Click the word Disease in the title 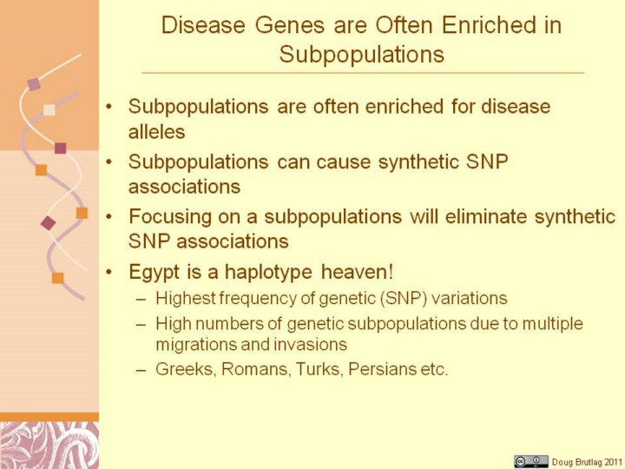(203, 24)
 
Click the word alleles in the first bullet (156, 132)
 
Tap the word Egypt (155, 273)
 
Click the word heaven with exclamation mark (358, 272)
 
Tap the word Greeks (186, 369)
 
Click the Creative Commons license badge (530, 461)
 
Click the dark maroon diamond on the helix (49, 223)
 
